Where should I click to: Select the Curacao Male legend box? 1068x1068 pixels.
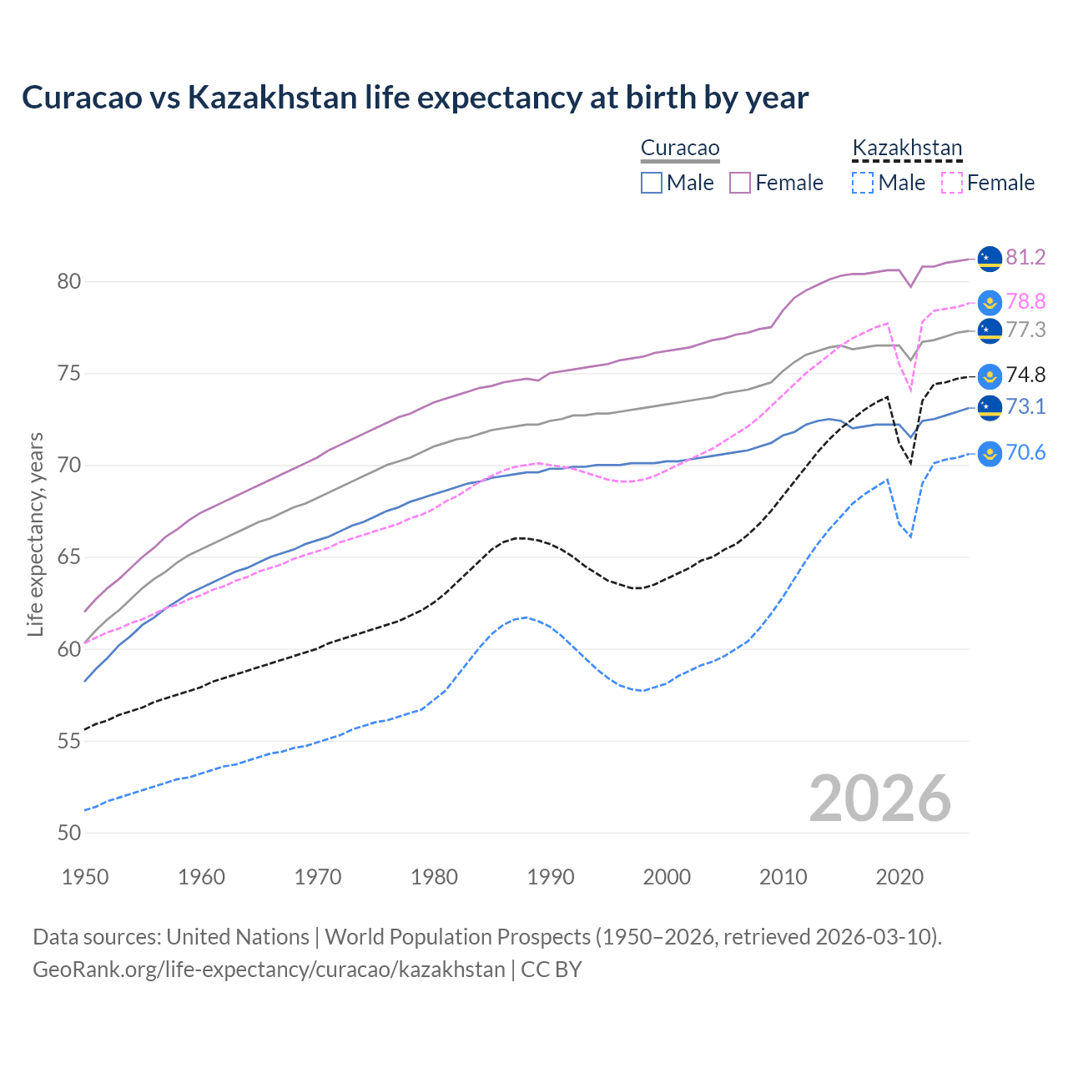click(x=652, y=183)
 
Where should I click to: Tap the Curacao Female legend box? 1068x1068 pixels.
click(x=740, y=183)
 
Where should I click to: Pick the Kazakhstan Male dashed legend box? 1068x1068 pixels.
click(x=863, y=183)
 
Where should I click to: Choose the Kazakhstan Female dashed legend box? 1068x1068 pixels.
click(x=951, y=183)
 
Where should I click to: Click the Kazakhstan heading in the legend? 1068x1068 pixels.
click(x=907, y=149)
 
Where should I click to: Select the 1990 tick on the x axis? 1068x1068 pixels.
click(x=551, y=877)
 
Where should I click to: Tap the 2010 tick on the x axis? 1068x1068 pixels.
click(x=783, y=877)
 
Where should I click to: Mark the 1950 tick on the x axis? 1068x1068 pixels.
click(x=85, y=877)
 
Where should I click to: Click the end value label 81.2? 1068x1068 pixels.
click(x=1025, y=257)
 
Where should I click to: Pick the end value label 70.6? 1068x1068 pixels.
click(x=1025, y=453)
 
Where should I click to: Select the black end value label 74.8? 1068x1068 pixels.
click(x=1025, y=375)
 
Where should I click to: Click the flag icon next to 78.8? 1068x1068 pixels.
click(x=990, y=303)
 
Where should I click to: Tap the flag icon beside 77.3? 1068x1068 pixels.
click(x=990, y=330)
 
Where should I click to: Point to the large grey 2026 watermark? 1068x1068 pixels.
click(x=879, y=799)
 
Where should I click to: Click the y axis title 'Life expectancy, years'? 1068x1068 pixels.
click(x=36, y=534)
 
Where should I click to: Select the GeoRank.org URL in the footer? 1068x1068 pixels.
click(x=269, y=970)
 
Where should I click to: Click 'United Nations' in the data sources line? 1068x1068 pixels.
click(x=238, y=937)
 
